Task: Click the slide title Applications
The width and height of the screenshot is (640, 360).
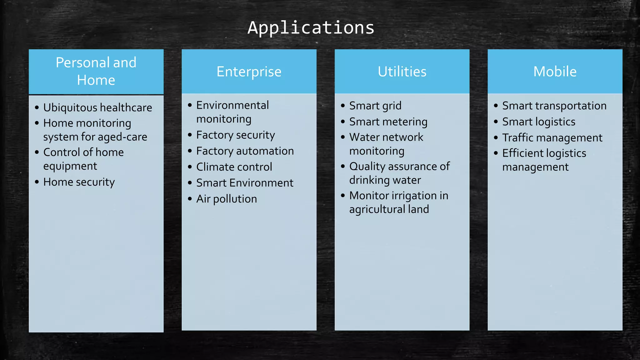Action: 311,27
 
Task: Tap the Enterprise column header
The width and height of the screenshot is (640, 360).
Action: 249,72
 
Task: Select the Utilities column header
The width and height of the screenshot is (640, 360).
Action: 402,72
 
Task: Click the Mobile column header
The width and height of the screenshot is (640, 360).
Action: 555,72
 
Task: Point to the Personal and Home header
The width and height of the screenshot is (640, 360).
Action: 96,71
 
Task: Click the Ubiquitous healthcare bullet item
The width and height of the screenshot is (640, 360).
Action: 97,107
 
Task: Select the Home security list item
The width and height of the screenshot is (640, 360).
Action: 79,182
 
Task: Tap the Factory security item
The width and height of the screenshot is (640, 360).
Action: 235,135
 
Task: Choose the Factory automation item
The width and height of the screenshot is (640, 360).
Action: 245,151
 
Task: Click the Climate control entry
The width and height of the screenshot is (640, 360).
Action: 234,167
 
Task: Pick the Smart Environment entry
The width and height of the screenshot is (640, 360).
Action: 244,183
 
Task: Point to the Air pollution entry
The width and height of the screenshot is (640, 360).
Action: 226,199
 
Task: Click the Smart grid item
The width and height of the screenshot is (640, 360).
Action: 375,106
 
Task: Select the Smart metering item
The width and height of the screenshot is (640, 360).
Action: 388,122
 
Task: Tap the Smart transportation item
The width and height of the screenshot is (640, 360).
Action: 554,106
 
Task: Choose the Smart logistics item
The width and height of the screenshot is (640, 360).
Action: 538,122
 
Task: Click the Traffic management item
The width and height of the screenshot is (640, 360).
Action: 552,137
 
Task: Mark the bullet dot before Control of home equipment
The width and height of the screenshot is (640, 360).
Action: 37,152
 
